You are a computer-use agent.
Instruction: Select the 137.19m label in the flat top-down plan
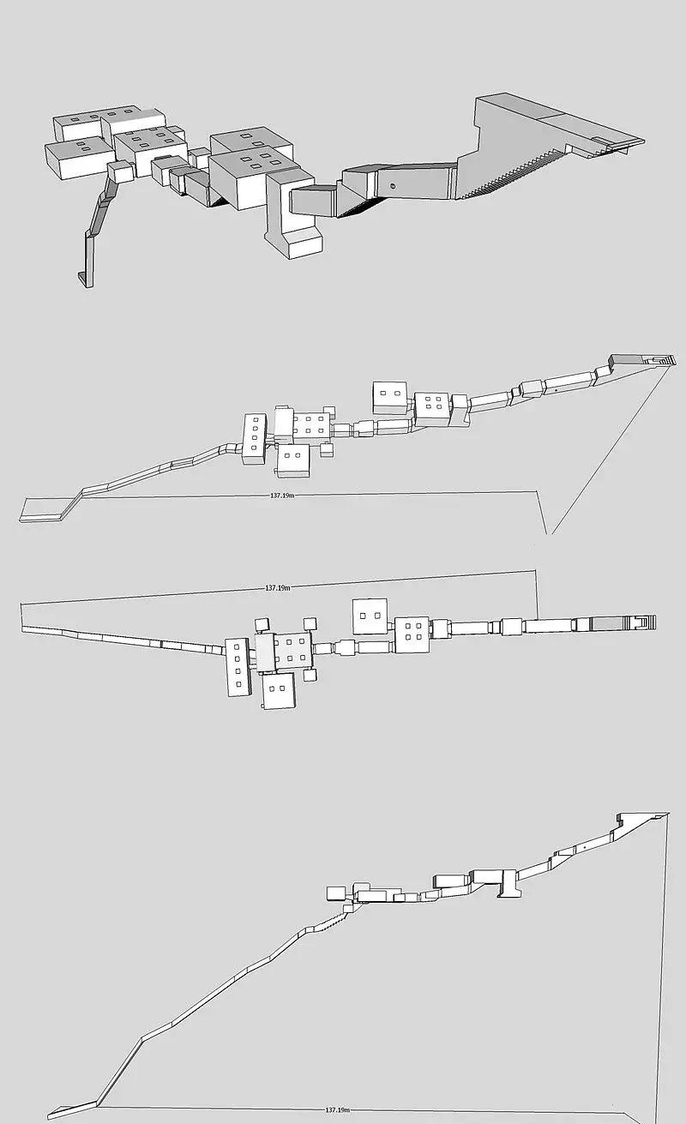(x=278, y=587)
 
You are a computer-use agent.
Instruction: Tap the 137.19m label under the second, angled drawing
(x=282, y=496)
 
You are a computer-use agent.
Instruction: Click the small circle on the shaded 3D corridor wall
(x=393, y=186)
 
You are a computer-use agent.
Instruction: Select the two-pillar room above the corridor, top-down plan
(x=370, y=616)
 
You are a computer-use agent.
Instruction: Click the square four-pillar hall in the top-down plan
(x=412, y=634)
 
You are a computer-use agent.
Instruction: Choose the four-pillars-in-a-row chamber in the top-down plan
(x=238, y=667)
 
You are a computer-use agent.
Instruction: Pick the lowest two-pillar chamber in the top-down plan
(x=279, y=690)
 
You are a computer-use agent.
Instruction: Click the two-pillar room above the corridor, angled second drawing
(x=390, y=398)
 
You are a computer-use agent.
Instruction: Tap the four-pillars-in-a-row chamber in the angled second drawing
(x=255, y=439)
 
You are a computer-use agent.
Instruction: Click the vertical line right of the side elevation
(x=668, y=953)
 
